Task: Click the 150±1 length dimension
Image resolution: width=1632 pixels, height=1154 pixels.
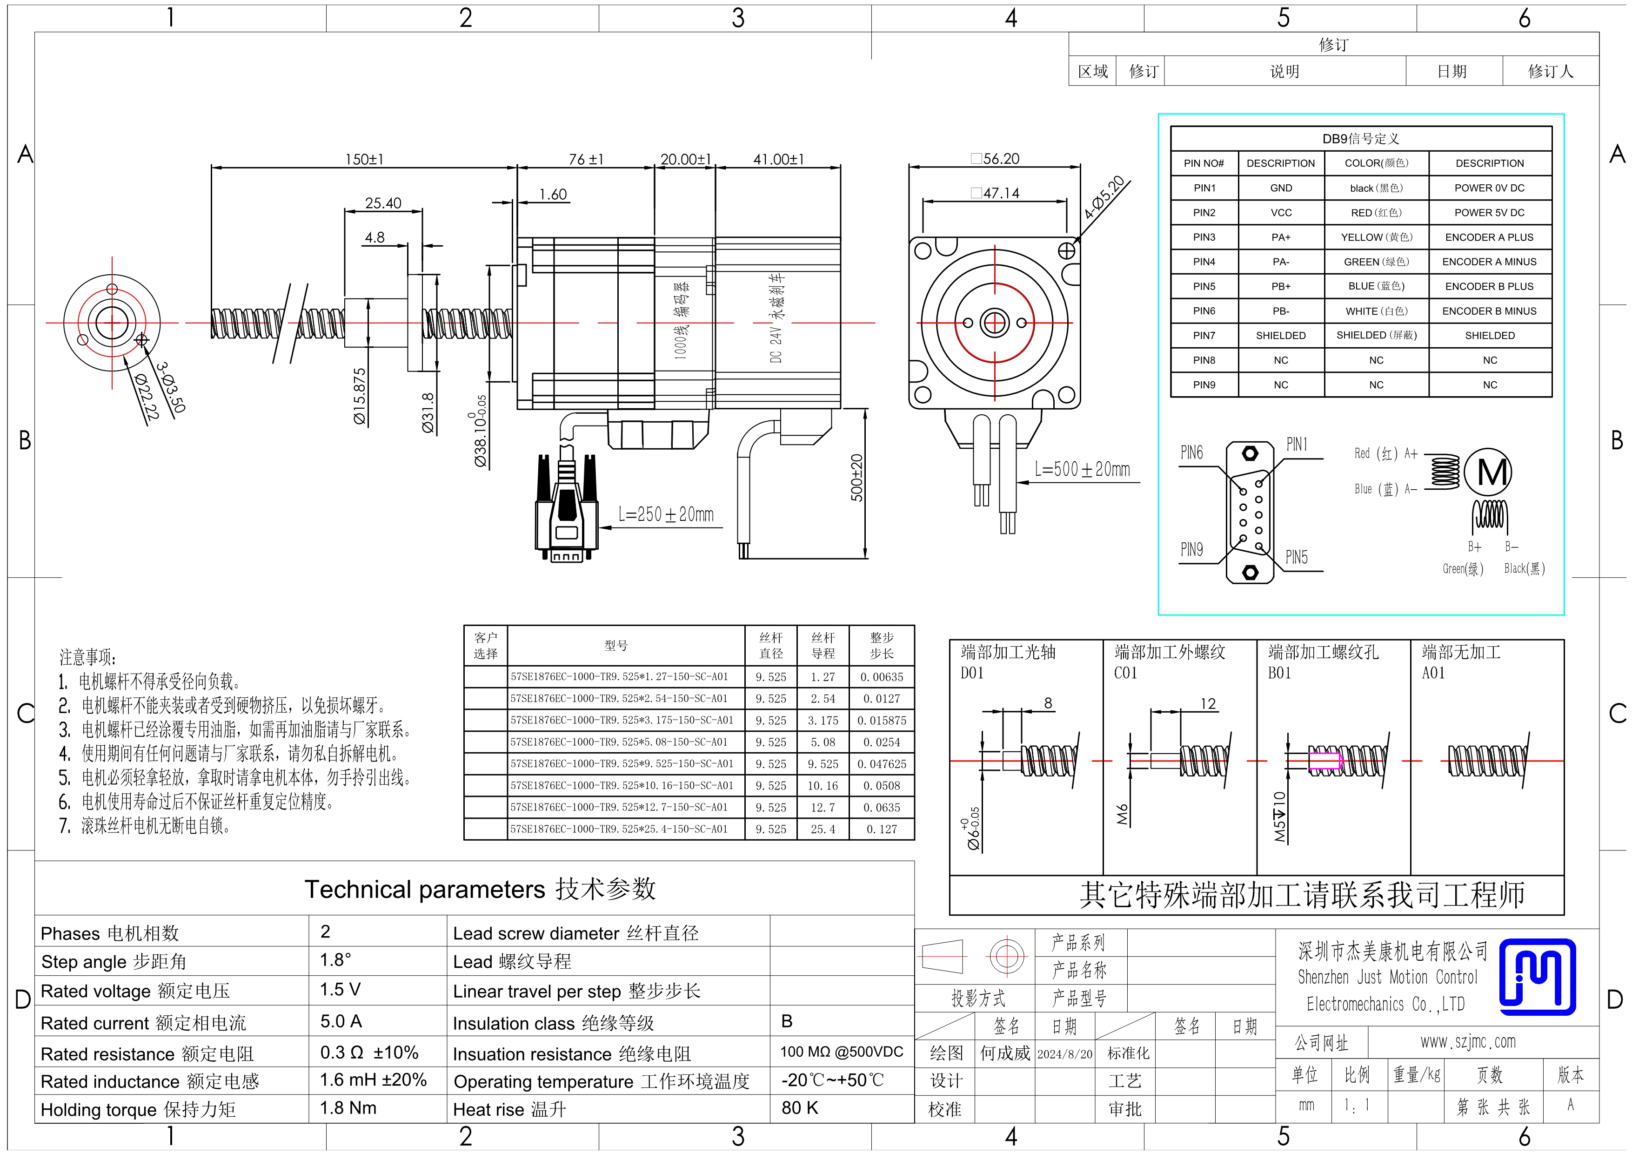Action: pyautogui.click(x=364, y=159)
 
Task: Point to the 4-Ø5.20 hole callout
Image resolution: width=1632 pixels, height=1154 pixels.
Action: pyautogui.click(x=1104, y=197)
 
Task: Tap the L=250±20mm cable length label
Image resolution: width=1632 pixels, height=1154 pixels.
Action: pyautogui.click(x=666, y=514)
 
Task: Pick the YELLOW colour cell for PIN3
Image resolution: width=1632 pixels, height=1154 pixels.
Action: pyautogui.click(x=1376, y=237)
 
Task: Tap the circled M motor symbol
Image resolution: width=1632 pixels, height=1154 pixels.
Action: pyautogui.click(x=1488, y=472)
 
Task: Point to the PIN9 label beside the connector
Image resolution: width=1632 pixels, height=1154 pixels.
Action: pyautogui.click(x=1191, y=550)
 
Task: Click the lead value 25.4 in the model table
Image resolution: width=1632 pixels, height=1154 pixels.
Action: pyautogui.click(x=823, y=829)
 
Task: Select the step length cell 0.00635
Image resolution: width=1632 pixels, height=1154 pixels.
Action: pyautogui.click(x=882, y=677)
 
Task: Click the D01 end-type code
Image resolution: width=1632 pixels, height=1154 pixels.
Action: pyautogui.click(x=972, y=673)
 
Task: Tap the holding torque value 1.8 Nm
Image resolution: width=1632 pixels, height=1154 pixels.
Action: pyautogui.click(x=348, y=1108)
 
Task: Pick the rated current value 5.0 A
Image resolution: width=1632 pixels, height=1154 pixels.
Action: pyautogui.click(x=341, y=1022)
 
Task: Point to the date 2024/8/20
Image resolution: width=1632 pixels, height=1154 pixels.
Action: pyautogui.click(x=1065, y=1054)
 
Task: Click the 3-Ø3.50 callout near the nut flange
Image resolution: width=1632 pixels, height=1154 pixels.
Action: pyautogui.click(x=171, y=387)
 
